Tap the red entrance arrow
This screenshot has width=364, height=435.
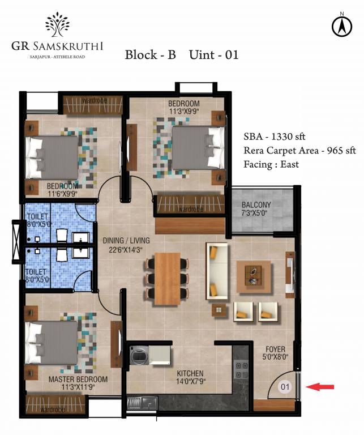click(320, 387)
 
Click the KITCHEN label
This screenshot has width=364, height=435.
click(190, 374)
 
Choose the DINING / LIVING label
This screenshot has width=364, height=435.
click(124, 241)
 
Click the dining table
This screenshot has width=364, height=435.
click(168, 276)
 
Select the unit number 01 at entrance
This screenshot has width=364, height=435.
click(285, 388)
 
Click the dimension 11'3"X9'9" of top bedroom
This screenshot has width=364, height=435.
click(184, 112)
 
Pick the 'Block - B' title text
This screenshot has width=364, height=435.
click(150, 55)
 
